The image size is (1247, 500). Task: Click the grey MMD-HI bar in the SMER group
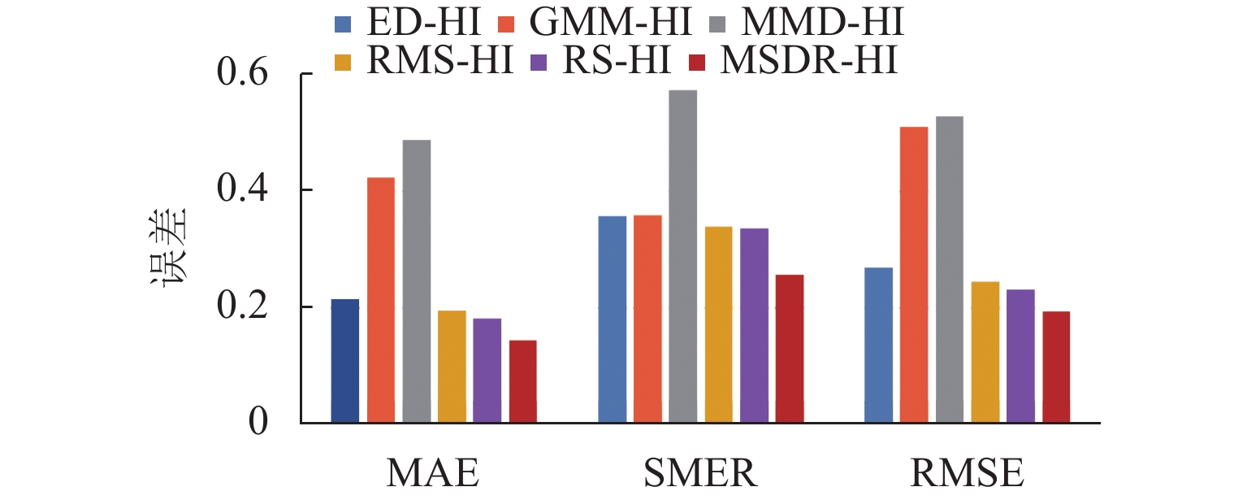(x=683, y=257)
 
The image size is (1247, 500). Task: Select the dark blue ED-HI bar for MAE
(x=345, y=361)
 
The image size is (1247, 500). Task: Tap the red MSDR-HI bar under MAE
(x=522, y=381)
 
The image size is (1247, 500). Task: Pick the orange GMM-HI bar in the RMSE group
(x=914, y=275)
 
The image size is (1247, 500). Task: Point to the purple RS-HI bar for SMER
(x=754, y=325)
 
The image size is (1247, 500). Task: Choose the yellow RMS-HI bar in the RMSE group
(x=985, y=352)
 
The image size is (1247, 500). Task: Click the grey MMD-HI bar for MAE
(x=416, y=281)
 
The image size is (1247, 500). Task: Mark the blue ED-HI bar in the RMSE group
(x=878, y=345)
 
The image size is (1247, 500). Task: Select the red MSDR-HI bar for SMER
(x=790, y=349)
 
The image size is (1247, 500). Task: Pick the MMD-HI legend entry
(x=820, y=24)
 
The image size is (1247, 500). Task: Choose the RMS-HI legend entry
(x=439, y=62)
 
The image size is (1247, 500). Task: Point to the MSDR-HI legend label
(x=808, y=62)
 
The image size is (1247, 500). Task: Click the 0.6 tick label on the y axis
(x=242, y=74)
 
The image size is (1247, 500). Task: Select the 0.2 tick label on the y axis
(x=242, y=307)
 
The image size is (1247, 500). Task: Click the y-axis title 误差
(x=168, y=247)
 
